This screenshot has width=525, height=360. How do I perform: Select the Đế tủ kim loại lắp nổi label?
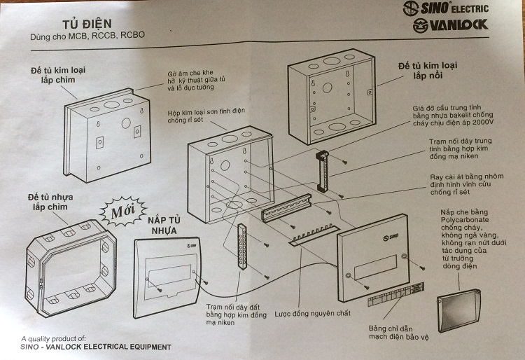coord(428,71)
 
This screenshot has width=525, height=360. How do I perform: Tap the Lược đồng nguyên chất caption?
coord(312,312)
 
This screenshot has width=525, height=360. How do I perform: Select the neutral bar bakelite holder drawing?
coord(323,172)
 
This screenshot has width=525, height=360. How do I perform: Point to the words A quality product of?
coord(54,338)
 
